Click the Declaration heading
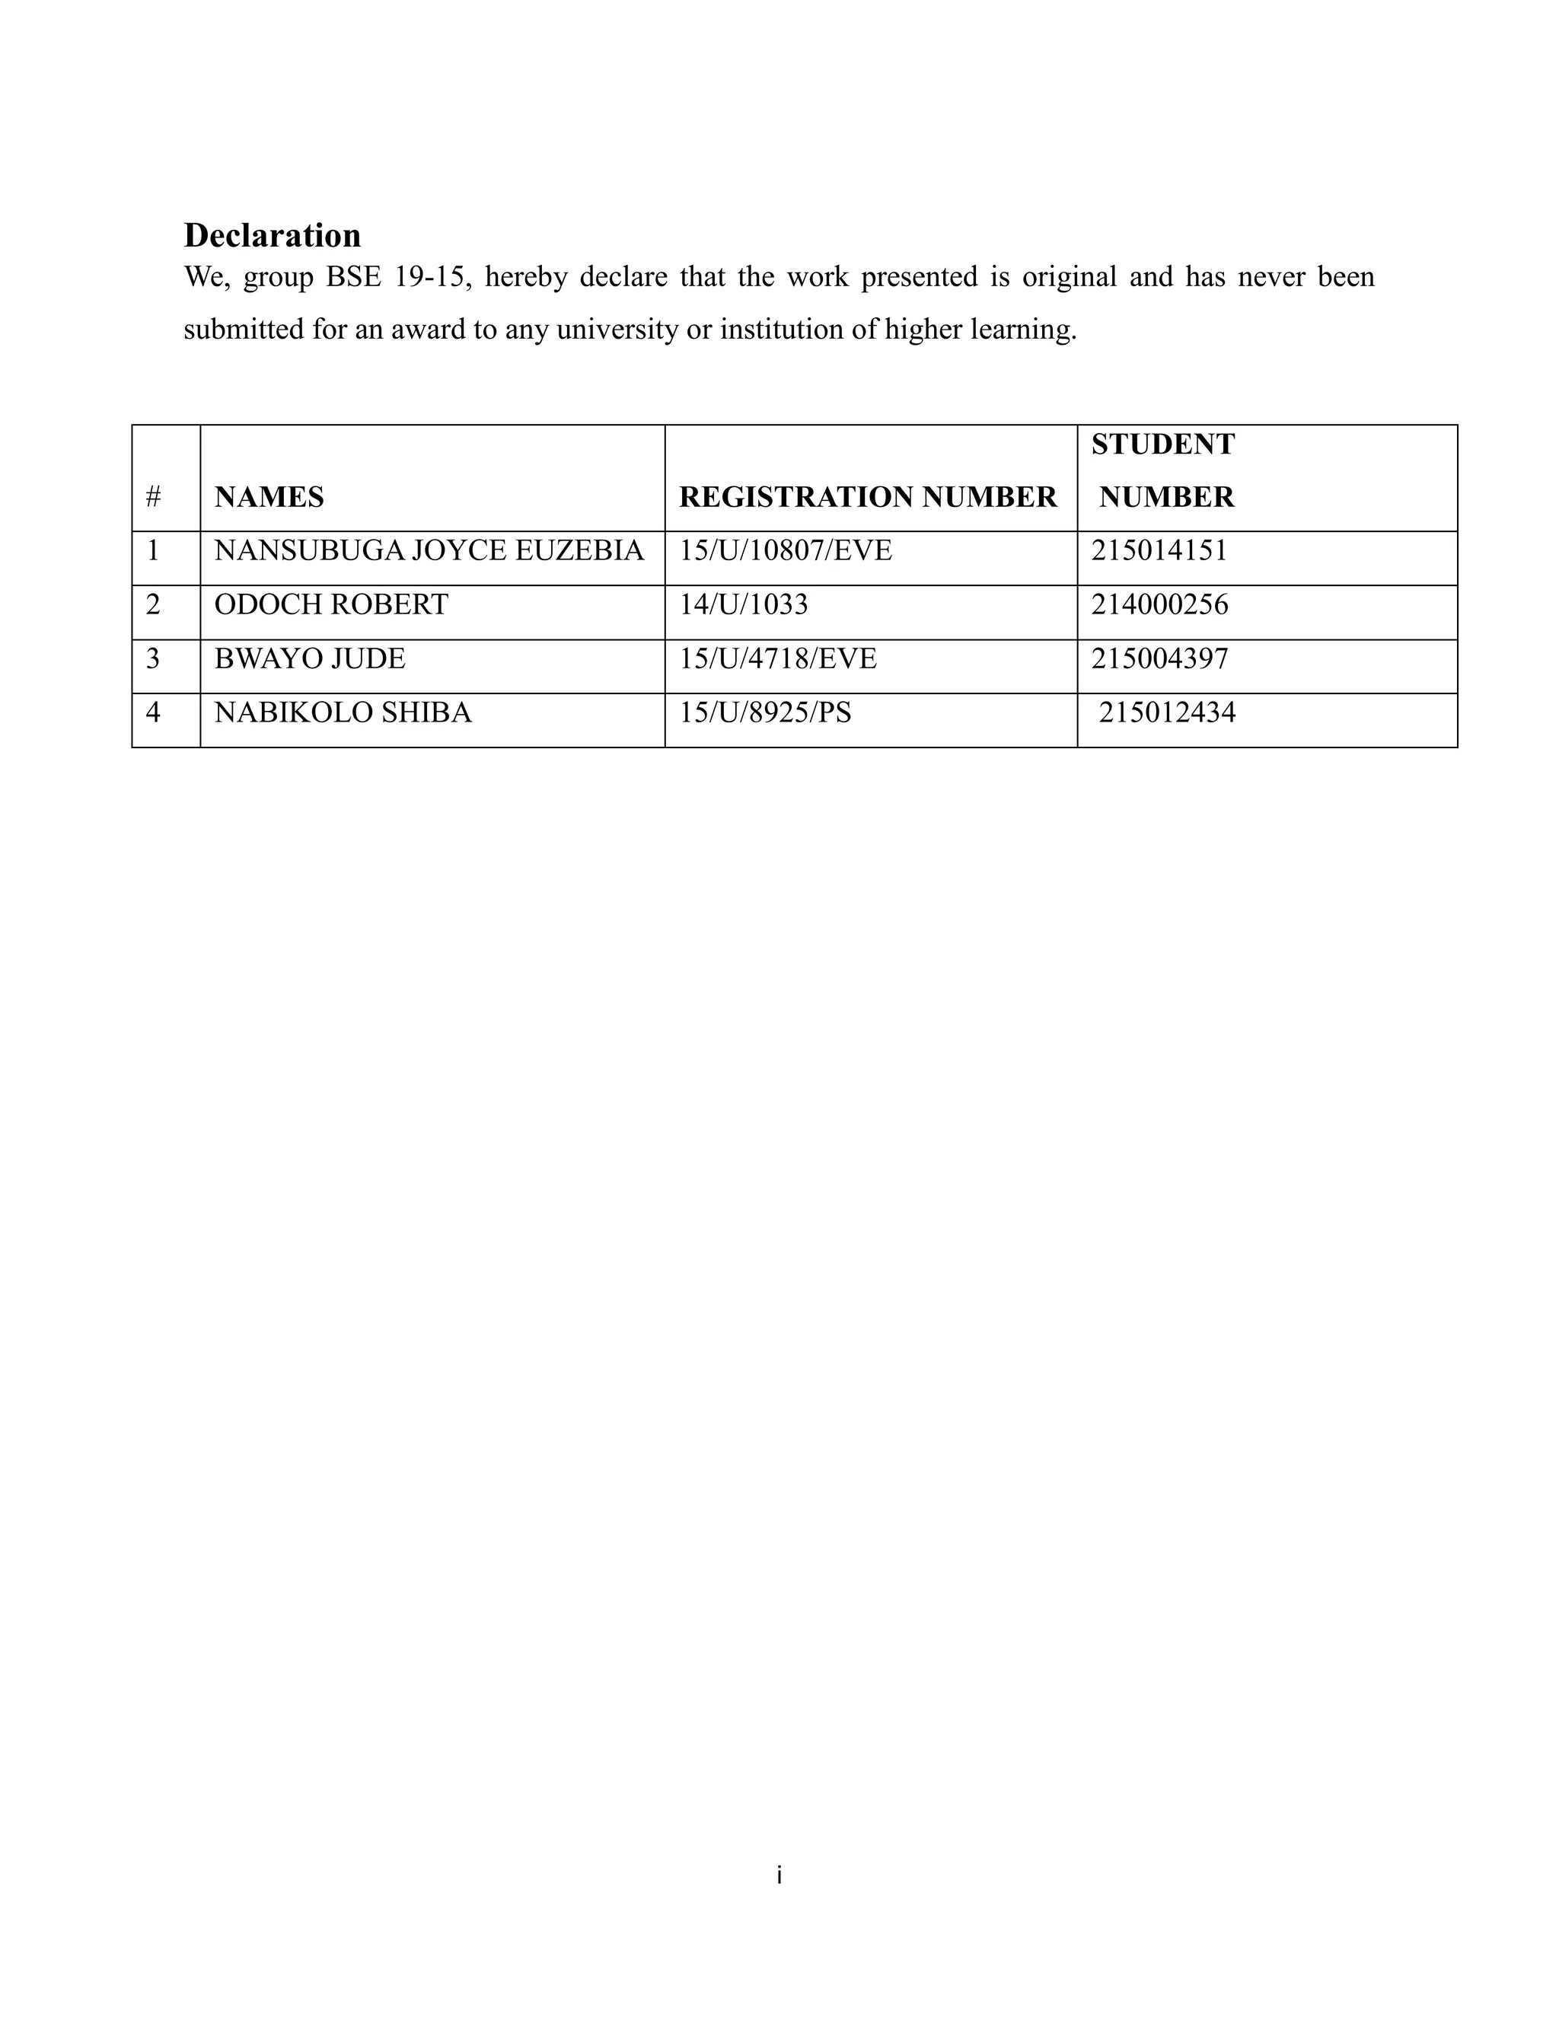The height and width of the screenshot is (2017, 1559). (x=273, y=235)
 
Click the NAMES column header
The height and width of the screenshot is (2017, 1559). (x=269, y=497)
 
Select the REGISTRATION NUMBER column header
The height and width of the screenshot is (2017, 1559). (x=867, y=497)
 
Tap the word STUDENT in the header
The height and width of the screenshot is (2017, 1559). (x=1163, y=445)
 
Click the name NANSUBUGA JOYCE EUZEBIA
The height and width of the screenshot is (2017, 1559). (x=429, y=550)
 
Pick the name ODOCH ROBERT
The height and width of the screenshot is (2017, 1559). (x=330, y=604)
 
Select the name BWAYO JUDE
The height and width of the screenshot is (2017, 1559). (x=309, y=658)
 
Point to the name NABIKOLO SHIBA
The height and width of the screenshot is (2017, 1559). (x=343, y=712)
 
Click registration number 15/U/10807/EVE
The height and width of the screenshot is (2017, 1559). (x=786, y=550)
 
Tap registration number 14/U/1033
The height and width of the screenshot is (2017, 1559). (x=744, y=604)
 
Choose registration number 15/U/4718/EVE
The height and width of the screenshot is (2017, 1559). (x=778, y=658)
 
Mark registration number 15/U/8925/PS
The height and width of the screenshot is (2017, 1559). (x=766, y=712)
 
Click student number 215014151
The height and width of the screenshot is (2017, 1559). (x=1159, y=550)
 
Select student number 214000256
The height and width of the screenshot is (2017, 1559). (x=1159, y=604)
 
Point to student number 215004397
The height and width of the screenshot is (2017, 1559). (x=1159, y=658)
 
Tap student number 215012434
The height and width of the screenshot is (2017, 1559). (x=1166, y=712)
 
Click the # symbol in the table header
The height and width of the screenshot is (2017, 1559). (x=153, y=497)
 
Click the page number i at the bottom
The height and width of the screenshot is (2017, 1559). (x=779, y=1875)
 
